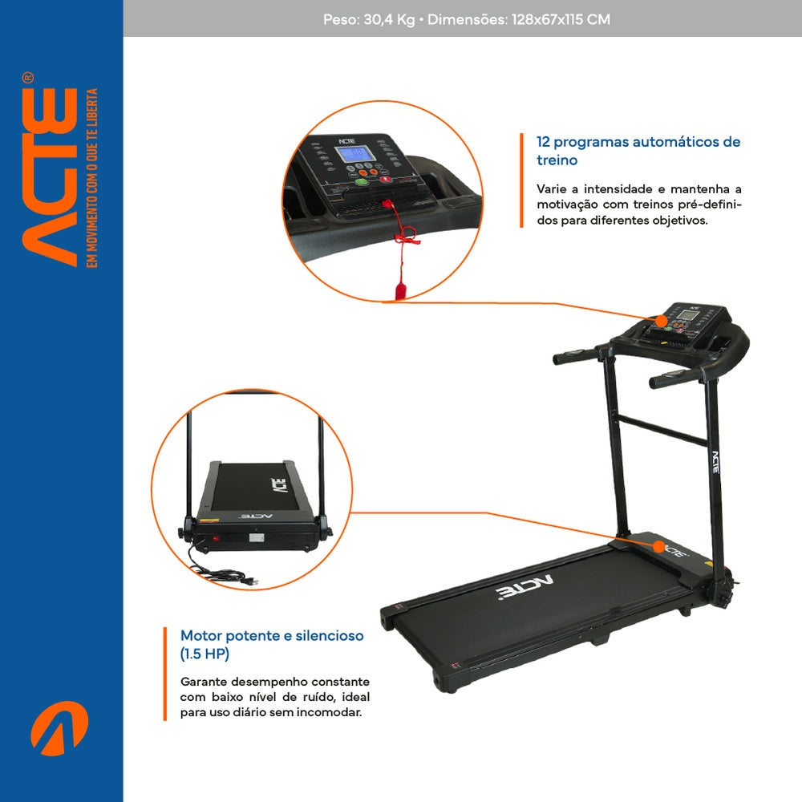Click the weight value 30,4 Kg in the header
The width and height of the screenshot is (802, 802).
click(x=389, y=20)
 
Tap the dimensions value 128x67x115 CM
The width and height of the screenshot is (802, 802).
click(x=561, y=19)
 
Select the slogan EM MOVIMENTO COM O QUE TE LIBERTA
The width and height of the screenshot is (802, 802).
click(x=91, y=177)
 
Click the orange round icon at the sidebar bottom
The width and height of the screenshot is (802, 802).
click(x=59, y=728)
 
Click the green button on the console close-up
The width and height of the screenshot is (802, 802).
click(x=361, y=181)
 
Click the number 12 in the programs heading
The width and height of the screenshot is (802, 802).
click(x=543, y=142)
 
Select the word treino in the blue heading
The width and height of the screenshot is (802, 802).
click(x=557, y=160)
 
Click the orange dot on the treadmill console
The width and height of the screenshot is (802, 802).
click(x=662, y=322)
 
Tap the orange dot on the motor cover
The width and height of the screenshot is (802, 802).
click(x=659, y=547)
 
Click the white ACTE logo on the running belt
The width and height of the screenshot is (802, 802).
click(x=525, y=588)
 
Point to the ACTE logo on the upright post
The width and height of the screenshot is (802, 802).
click(x=715, y=463)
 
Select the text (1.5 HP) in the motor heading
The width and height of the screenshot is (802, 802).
click(x=205, y=654)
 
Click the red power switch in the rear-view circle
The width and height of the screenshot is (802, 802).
click(x=217, y=538)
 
